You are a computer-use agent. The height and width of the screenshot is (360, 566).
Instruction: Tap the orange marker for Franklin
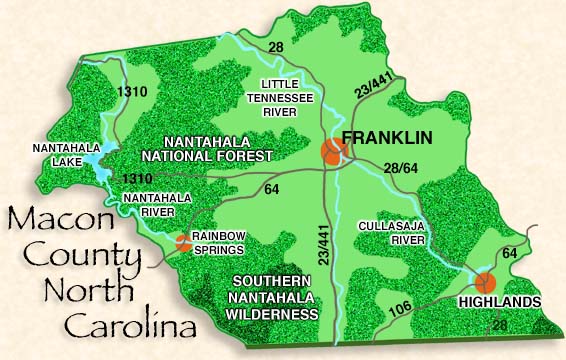[333, 151]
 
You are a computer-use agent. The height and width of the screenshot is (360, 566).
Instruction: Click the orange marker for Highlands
[485, 283]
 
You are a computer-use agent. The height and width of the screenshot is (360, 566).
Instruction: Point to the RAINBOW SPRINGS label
[219, 242]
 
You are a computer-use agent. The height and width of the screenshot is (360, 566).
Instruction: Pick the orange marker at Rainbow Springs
[182, 241]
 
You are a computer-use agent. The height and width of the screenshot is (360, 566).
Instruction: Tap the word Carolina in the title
[125, 326]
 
